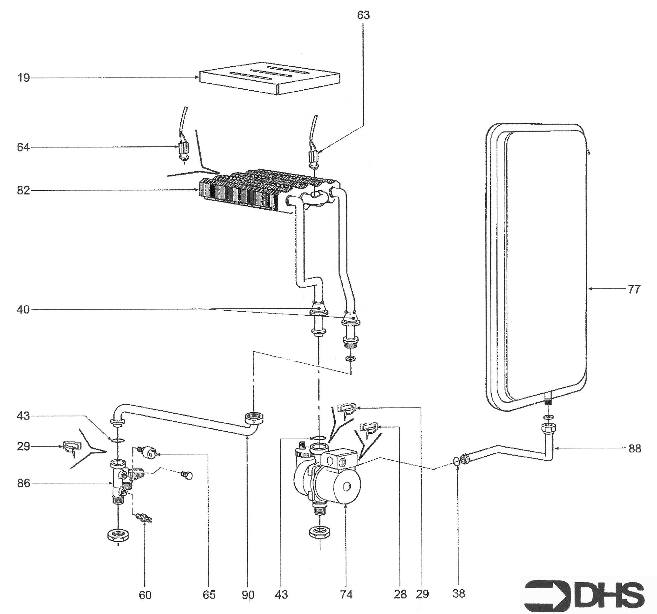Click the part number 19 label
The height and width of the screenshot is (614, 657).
tap(23, 78)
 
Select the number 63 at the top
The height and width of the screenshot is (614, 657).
tap(363, 15)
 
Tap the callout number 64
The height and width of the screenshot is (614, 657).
tap(23, 147)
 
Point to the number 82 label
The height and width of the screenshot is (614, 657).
tap(23, 191)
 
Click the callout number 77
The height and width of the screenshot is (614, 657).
tap(634, 289)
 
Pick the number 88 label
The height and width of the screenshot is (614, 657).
tap(634, 449)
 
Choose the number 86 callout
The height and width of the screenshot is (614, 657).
tap(23, 483)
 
